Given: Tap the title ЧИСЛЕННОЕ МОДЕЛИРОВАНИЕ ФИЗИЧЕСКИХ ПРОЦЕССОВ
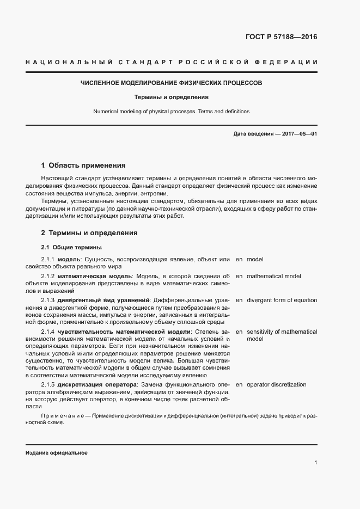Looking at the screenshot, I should [171, 83].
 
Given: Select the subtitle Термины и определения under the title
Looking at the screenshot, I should [172, 97].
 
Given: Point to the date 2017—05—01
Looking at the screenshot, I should [298, 133].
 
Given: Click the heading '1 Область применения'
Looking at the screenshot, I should [83, 165].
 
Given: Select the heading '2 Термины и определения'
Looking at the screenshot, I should [89, 233].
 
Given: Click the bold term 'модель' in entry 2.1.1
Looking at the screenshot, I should [69, 260].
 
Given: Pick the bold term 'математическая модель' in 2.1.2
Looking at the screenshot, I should [94, 277].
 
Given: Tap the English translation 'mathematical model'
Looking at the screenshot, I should [273, 277].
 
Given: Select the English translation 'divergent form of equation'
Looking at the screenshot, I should [282, 300].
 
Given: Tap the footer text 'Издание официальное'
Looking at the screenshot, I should [56, 453].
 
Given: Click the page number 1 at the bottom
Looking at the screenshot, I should [315, 463].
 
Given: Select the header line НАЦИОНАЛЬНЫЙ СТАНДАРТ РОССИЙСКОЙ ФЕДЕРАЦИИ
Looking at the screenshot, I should [171, 63].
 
